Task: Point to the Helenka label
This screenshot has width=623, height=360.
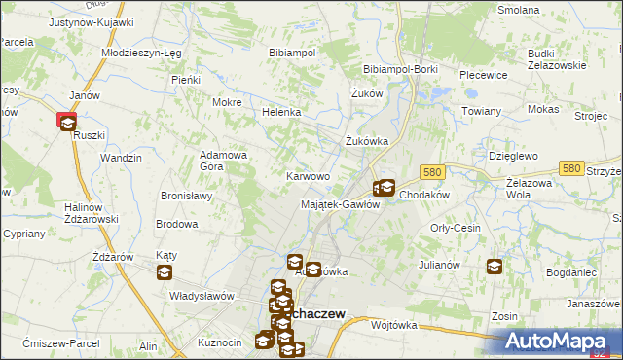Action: pos(280,113)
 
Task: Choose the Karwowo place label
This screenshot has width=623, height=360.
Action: pos(307,176)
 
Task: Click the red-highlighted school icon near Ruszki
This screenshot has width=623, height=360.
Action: pos(67,122)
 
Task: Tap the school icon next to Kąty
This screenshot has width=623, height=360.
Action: pos(162,272)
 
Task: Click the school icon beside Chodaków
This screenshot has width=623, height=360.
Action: pos(384,188)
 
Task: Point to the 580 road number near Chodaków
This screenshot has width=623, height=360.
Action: pos(433,172)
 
